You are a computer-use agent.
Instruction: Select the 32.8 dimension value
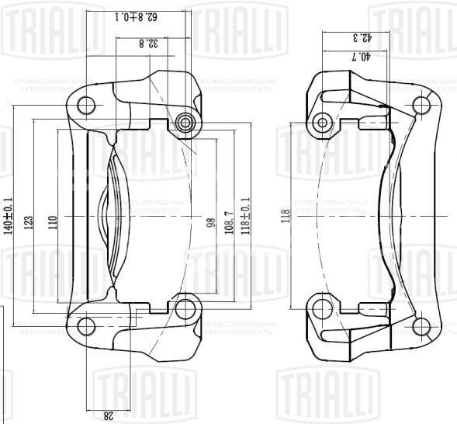click(x=154, y=43)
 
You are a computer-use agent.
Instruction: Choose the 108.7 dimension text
click(x=227, y=222)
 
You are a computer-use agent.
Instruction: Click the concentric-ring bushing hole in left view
click(x=185, y=122)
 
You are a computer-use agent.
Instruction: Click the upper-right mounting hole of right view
click(x=422, y=104)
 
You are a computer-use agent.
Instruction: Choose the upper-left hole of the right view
click(x=323, y=120)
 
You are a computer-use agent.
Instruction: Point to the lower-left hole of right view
click(x=323, y=309)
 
